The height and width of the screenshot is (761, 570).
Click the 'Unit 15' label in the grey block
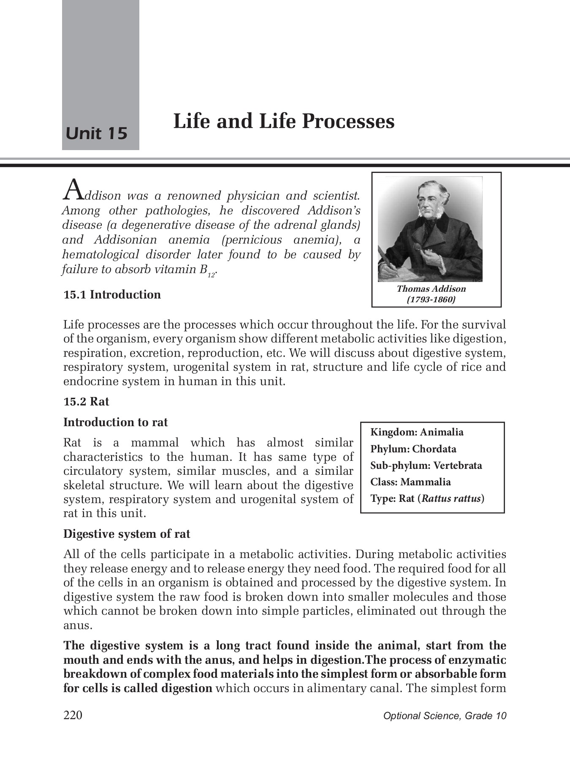[x=97, y=133]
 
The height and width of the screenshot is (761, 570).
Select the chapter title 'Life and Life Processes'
[x=284, y=121]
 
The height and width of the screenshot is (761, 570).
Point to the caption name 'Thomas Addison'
[x=431, y=289]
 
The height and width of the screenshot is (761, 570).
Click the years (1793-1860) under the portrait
[x=431, y=300]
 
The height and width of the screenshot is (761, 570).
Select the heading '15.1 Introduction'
[x=112, y=295]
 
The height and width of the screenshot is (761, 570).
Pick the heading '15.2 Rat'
[x=86, y=401]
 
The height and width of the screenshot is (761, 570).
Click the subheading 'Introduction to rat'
[x=115, y=422]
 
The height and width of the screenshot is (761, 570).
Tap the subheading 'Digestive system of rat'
[x=127, y=534]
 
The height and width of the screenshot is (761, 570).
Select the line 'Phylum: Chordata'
[x=413, y=449]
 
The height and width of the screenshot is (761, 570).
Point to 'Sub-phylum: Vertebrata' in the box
[x=426, y=465]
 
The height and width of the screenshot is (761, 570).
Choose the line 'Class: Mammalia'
[x=410, y=482]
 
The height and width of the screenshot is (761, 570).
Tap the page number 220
[x=73, y=715]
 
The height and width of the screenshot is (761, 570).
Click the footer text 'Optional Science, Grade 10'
[x=445, y=716]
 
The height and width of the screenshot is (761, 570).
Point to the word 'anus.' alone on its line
[x=78, y=625]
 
